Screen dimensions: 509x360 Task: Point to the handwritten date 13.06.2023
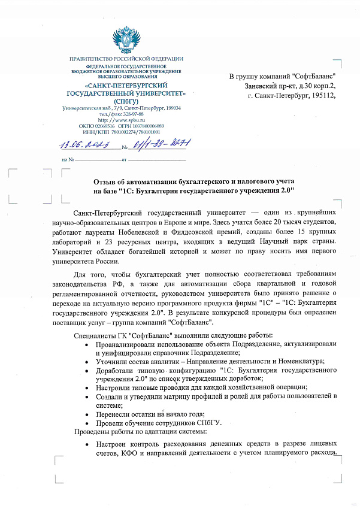tap(83, 144)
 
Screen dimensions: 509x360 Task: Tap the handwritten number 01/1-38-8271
tap(159, 144)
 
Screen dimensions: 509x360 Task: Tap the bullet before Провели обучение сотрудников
tap(87, 423)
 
